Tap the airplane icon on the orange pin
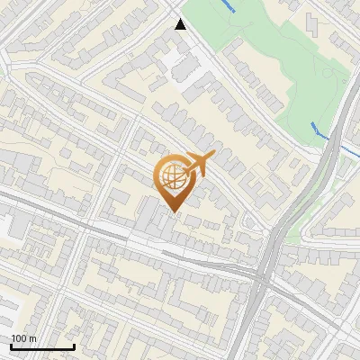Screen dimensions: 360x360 [x=197, y=165]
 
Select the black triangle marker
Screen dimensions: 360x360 [x=181, y=24]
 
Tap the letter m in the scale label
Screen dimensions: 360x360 [x=33, y=339]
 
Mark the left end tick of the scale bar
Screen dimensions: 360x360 [x=11, y=346]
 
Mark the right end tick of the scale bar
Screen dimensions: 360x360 [x=74, y=346]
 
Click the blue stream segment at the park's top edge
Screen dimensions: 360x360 [x=229, y=6]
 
